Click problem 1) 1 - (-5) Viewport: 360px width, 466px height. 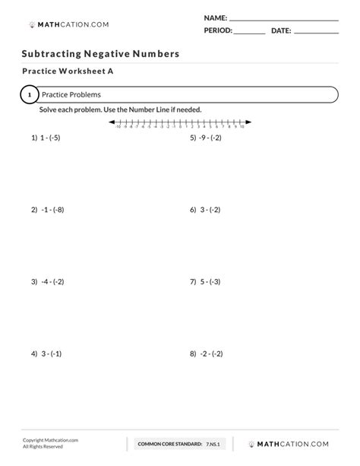(x=45, y=140)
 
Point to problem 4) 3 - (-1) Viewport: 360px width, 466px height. (x=46, y=353)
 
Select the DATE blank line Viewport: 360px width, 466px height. (x=315, y=33)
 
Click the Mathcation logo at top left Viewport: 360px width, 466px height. (x=68, y=24)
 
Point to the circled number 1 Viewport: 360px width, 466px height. (x=29, y=95)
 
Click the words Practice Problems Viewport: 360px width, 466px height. (x=71, y=95)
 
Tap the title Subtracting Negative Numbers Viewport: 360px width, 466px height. (x=100, y=55)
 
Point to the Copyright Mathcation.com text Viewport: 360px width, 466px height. (x=50, y=439)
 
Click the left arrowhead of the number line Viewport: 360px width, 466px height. (x=111, y=122)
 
